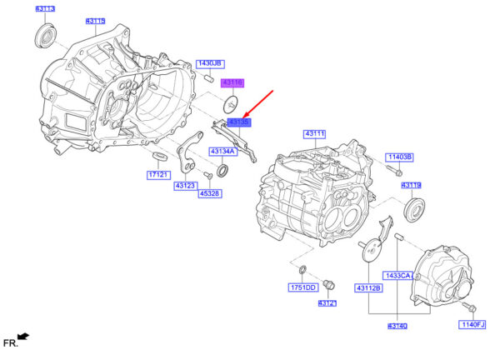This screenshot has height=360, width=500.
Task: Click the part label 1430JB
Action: point(209,63)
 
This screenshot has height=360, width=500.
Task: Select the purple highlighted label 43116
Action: point(231,82)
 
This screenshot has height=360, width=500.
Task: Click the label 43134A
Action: point(222,152)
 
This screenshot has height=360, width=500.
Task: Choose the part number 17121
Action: point(158,175)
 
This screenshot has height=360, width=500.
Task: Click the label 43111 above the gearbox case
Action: point(315,133)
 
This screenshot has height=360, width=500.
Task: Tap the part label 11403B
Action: point(399,157)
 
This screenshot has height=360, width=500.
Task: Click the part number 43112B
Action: point(368,288)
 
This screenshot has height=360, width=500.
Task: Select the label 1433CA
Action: point(398,275)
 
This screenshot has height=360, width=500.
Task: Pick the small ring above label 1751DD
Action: point(302,269)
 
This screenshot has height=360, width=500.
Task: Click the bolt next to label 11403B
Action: point(390,172)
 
